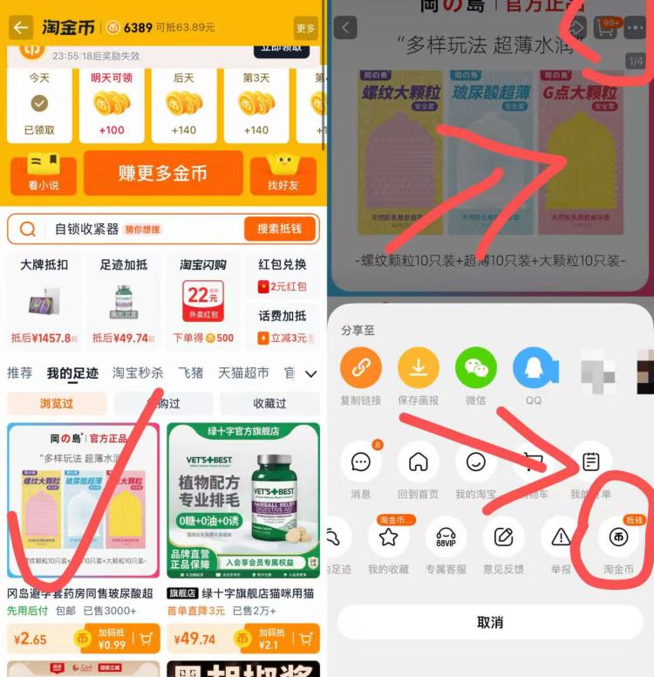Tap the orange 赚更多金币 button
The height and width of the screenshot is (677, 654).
(x=163, y=173)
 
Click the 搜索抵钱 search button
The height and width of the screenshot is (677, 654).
(x=279, y=229)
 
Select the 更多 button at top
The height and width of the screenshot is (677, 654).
(x=305, y=28)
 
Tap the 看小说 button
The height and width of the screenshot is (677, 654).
(x=44, y=173)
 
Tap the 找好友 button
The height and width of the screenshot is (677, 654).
(x=283, y=173)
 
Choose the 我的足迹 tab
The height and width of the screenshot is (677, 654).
(x=72, y=373)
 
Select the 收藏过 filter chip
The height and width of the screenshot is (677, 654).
(x=269, y=403)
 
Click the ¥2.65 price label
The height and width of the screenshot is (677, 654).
(x=31, y=639)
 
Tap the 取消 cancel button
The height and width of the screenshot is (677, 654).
(x=490, y=622)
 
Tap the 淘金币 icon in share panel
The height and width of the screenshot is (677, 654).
(x=618, y=538)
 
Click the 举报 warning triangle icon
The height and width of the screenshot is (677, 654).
(x=561, y=538)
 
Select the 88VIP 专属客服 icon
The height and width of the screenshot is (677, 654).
(x=446, y=538)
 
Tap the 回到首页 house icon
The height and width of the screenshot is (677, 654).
(x=419, y=462)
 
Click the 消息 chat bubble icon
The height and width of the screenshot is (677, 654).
(x=361, y=462)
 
